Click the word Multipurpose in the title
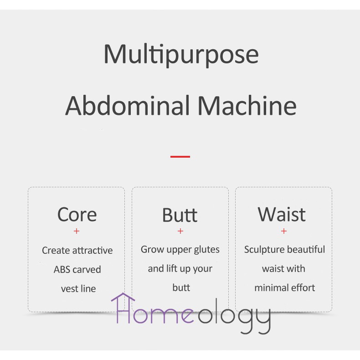181,55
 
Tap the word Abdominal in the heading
128,106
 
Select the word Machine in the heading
247,106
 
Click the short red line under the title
180,157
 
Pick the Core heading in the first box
77,215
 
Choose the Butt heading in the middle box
180,215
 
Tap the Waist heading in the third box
282,214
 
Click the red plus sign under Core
77,231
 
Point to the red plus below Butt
180,231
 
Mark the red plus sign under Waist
284,231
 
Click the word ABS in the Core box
62,269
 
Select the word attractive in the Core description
93,250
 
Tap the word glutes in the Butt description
206,250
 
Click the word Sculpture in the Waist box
262,250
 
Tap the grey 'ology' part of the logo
234,316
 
